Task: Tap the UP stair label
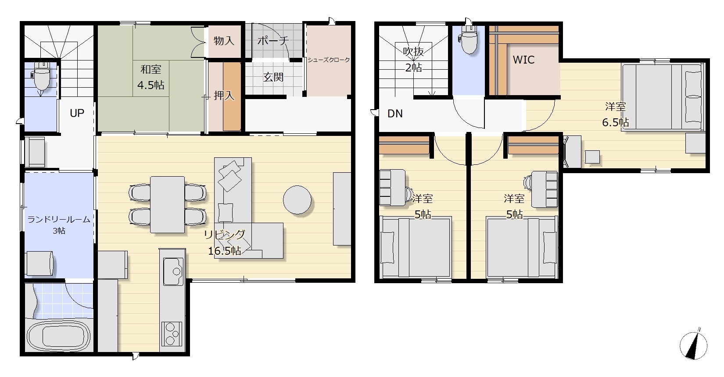pos(77,113)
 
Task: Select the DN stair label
pos(395,114)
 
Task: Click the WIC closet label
pos(523,60)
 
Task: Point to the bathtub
pos(58,336)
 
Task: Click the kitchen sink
pos(173,271)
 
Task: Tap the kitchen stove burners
pos(172,334)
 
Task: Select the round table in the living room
pos(297,200)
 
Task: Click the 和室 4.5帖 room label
pos(151,77)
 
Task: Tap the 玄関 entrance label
pos(273,77)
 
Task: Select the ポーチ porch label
pos(273,41)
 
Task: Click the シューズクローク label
pos(329,60)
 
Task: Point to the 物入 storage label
pos(224,41)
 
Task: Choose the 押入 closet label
pos(224,95)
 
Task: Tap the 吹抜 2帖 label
pos(413,59)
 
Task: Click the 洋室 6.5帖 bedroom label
pos(615,114)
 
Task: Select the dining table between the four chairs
pos(168,204)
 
